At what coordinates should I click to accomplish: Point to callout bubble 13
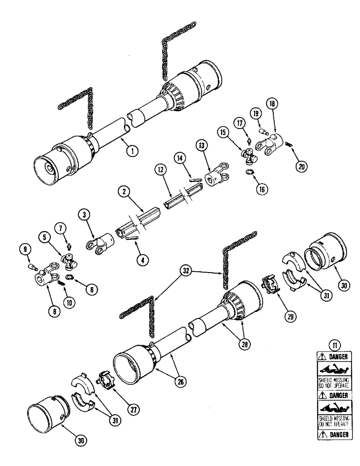(x=202, y=146)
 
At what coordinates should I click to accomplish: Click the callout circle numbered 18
(x=271, y=103)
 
